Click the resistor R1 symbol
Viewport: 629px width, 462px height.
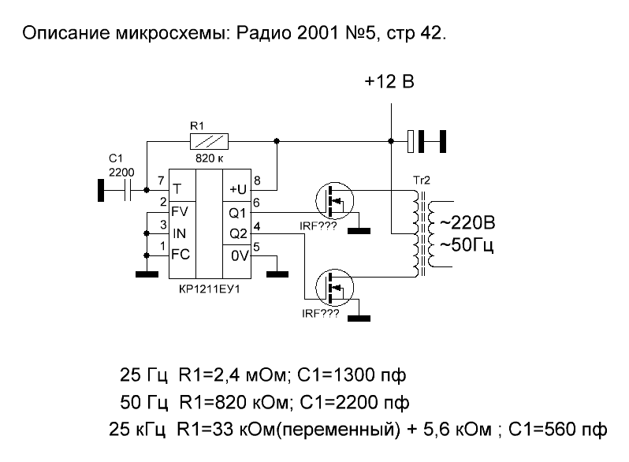210,141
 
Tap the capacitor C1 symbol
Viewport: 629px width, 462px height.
127,189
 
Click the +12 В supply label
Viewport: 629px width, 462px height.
389,82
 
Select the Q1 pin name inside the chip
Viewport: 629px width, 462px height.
237,211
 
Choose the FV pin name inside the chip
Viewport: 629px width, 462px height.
179,211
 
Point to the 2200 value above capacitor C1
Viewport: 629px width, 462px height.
121,170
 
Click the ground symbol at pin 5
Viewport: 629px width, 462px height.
277,274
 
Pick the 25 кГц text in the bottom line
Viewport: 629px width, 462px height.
136,430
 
